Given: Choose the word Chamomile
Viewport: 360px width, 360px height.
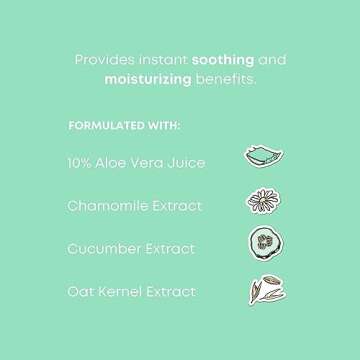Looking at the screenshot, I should (x=105, y=206).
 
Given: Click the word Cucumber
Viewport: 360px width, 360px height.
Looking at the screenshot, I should (x=103, y=249).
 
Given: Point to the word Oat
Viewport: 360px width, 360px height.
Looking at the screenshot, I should (x=79, y=292).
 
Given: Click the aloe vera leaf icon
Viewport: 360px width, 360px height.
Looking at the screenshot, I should (x=258, y=156).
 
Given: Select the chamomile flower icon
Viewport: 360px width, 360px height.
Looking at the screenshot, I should (x=258, y=201).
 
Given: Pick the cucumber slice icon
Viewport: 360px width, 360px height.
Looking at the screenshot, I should (x=259, y=244).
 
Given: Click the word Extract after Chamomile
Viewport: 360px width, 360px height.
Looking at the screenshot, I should (x=175, y=206).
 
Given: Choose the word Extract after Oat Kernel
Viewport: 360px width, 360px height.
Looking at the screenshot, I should (x=175, y=292).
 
